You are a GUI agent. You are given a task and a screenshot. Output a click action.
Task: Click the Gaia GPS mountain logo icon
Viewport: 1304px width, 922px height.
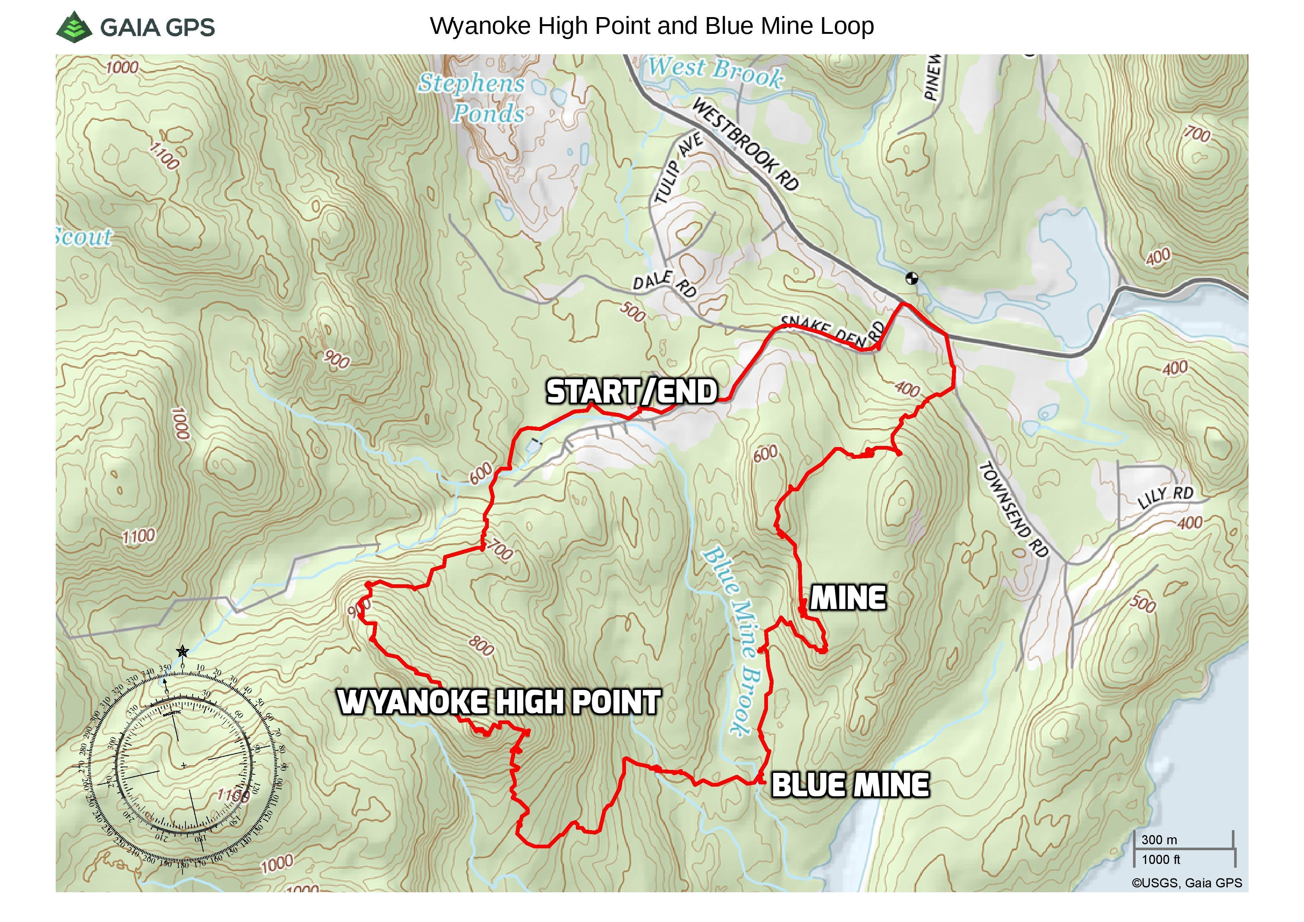coord(74,26)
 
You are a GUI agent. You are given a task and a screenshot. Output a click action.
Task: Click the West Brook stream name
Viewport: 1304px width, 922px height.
coord(716,72)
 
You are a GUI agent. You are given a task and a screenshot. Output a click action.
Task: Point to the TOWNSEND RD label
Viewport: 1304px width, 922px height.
coord(1013,509)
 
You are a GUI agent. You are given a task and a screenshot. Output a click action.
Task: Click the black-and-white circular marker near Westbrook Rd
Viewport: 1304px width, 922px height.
coord(911,278)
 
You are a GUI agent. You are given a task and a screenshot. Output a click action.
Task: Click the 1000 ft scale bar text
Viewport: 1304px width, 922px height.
coord(1160,860)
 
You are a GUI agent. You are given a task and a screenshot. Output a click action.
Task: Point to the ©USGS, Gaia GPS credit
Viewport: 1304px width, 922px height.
coord(1187,883)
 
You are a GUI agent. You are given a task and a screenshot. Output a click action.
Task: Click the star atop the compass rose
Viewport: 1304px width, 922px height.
coord(182,651)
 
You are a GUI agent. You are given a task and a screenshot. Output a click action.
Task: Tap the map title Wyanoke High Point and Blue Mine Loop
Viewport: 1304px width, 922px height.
coord(651,26)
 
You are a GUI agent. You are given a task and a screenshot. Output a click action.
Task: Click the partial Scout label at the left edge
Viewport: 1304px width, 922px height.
coord(84,237)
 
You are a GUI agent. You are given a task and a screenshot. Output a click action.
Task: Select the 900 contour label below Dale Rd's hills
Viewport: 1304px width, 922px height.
coord(337,359)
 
